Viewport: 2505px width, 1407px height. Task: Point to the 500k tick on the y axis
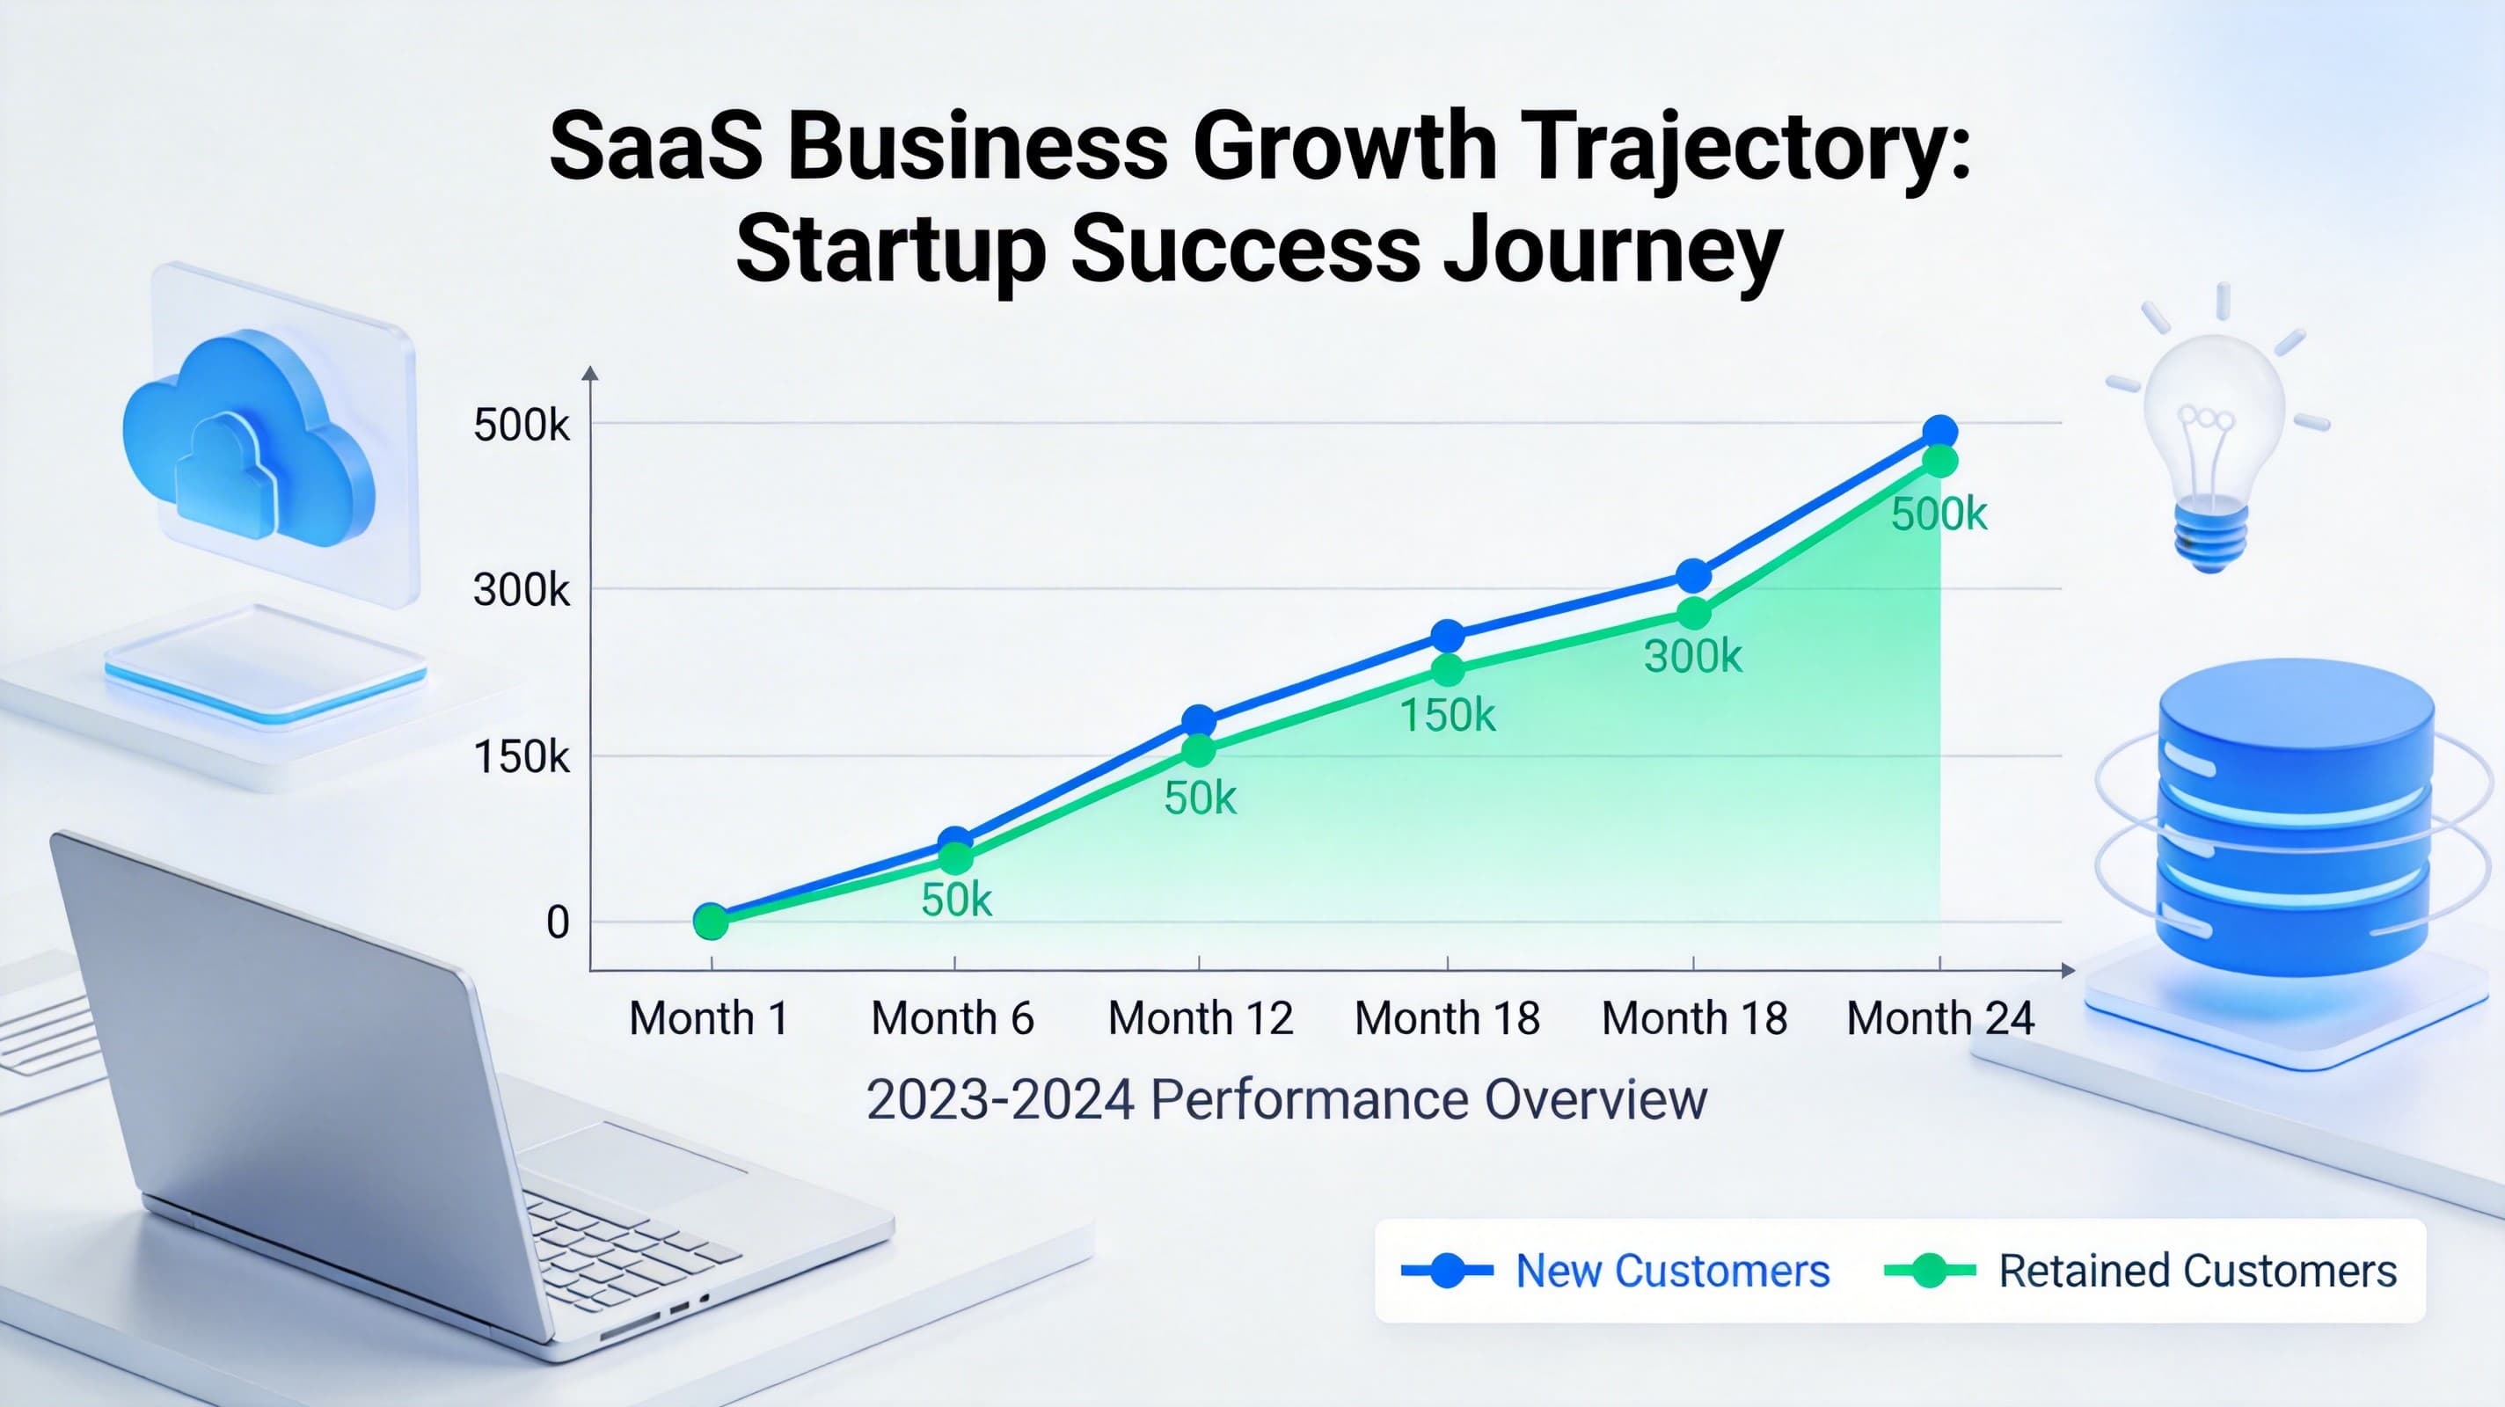coord(522,425)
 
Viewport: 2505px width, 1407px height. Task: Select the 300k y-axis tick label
coord(522,589)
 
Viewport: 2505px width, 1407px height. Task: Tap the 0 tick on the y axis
coord(558,922)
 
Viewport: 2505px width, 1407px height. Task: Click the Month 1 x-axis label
coord(708,1018)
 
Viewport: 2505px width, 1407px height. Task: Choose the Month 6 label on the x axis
coord(953,1018)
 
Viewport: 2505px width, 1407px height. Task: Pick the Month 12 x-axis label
coord(1201,1018)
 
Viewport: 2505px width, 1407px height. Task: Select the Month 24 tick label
coord(1940,1018)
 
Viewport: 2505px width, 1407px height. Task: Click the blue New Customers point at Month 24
coord(1940,432)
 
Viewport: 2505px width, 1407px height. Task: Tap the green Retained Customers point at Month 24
coord(1940,461)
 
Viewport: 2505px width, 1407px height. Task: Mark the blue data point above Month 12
coord(1199,721)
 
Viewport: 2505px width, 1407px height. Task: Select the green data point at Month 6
coord(956,857)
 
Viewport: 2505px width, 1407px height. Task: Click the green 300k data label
coord(1693,657)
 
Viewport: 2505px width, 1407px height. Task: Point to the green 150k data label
coord(1448,716)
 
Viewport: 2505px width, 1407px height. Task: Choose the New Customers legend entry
coord(1615,1271)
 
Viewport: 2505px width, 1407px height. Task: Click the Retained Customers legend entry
coord(2140,1271)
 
